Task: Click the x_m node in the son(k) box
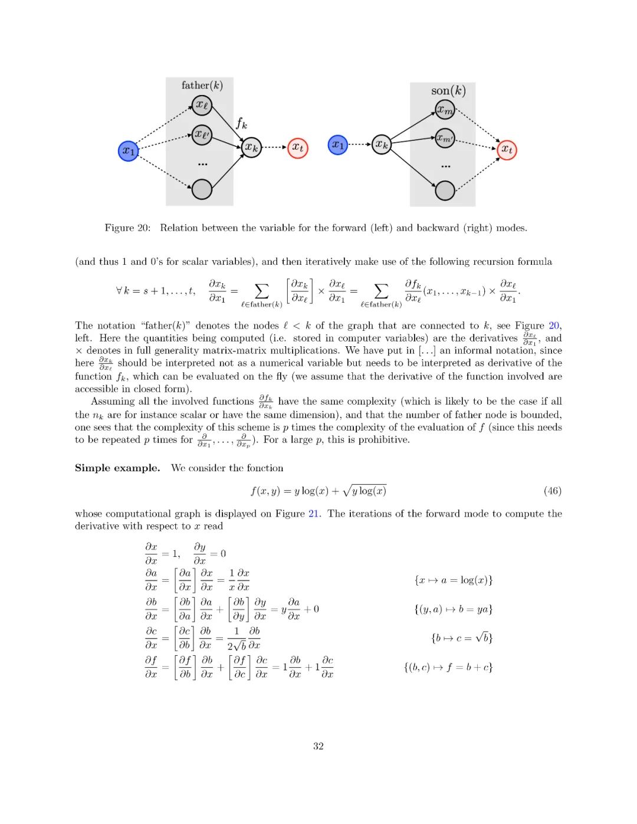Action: pyautogui.click(x=445, y=110)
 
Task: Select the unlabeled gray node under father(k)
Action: pyautogui.click(x=202, y=189)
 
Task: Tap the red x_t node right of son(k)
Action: pyautogui.click(x=507, y=149)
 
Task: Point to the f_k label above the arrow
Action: pyautogui.click(x=241, y=123)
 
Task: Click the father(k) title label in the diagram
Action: pyautogui.click(x=202, y=86)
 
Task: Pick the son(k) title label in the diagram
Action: pyautogui.click(x=448, y=91)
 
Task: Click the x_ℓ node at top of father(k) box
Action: pyautogui.click(x=202, y=106)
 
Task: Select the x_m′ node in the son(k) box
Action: pyautogui.click(x=445, y=139)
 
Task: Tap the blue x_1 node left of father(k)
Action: pyautogui.click(x=129, y=151)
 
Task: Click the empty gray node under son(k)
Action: pyautogui.click(x=445, y=190)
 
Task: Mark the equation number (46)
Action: pyautogui.click(x=552, y=491)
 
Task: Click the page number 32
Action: pyautogui.click(x=318, y=746)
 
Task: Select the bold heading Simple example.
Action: pyautogui.click(x=117, y=468)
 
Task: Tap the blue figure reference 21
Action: pyautogui.click(x=314, y=514)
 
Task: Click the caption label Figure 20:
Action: pyautogui.click(x=127, y=228)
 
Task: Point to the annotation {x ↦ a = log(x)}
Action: pyautogui.click(x=454, y=580)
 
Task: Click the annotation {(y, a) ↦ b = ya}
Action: pyautogui.click(x=453, y=609)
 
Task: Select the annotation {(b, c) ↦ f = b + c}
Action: pyautogui.click(x=448, y=667)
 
